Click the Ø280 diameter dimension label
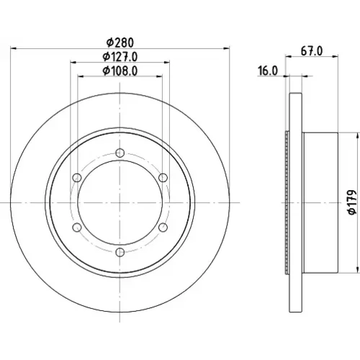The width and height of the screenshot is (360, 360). coord(120,42)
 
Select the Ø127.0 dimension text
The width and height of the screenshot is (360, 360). coord(120,57)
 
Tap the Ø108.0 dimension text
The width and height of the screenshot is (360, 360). coord(120,71)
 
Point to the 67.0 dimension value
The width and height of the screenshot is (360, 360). coord(312,51)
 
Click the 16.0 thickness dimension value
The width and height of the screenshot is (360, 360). coord(268,71)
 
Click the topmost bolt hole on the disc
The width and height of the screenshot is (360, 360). coord(120,153)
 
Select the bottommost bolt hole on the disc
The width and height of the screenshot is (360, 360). coord(120,252)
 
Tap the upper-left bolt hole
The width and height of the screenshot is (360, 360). coord(77,178)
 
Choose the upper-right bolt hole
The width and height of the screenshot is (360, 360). coord(163,178)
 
